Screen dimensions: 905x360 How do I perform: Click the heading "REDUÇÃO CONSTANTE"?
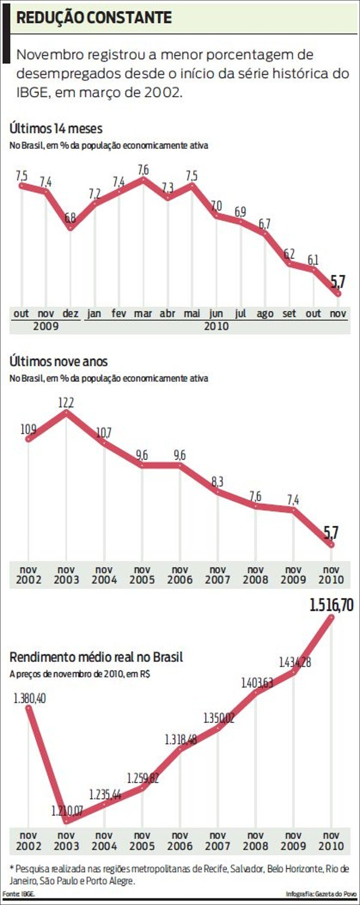(x=94, y=18)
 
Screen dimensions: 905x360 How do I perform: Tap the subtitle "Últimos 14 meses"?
(x=56, y=129)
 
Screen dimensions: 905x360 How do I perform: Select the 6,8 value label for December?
(x=70, y=218)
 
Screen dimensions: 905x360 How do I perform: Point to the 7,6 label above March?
(x=143, y=170)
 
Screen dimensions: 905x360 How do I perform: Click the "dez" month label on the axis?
(x=70, y=313)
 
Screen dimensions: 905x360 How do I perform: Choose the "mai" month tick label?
(x=192, y=313)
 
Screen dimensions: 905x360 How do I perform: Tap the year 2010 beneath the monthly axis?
(x=216, y=326)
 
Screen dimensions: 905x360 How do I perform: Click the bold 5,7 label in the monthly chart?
(x=338, y=281)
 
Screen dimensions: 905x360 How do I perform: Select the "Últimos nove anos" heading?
(x=58, y=362)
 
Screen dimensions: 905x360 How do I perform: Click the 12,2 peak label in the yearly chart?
(x=66, y=402)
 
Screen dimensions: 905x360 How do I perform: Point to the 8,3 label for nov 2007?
(x=217, y=482)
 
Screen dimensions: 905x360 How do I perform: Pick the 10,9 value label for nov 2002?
(x=28, y=429)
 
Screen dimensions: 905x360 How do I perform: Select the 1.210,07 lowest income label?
(x=67, y=811)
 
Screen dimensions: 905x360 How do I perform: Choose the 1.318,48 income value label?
(x=181, y=739)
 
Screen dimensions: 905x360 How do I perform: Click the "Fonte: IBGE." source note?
(x=18, y=894)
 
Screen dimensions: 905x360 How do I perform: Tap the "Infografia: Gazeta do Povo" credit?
(x=321, y=894)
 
